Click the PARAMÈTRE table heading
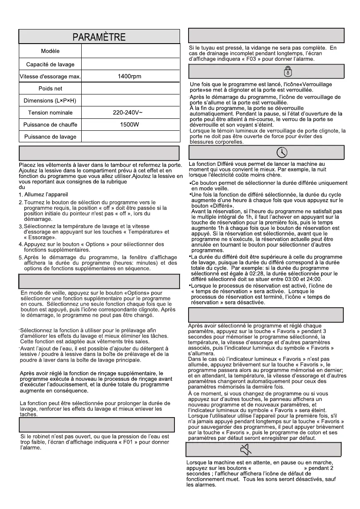coord(99,37)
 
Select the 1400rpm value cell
coord(130,76)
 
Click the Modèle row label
coord(50,51)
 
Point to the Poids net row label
coord(50,88)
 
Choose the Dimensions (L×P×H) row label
coord(50,101)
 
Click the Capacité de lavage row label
coord(50,65)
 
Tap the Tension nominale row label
coord(50,113)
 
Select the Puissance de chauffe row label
coord(50,125)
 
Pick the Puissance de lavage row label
coord(50,137)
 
